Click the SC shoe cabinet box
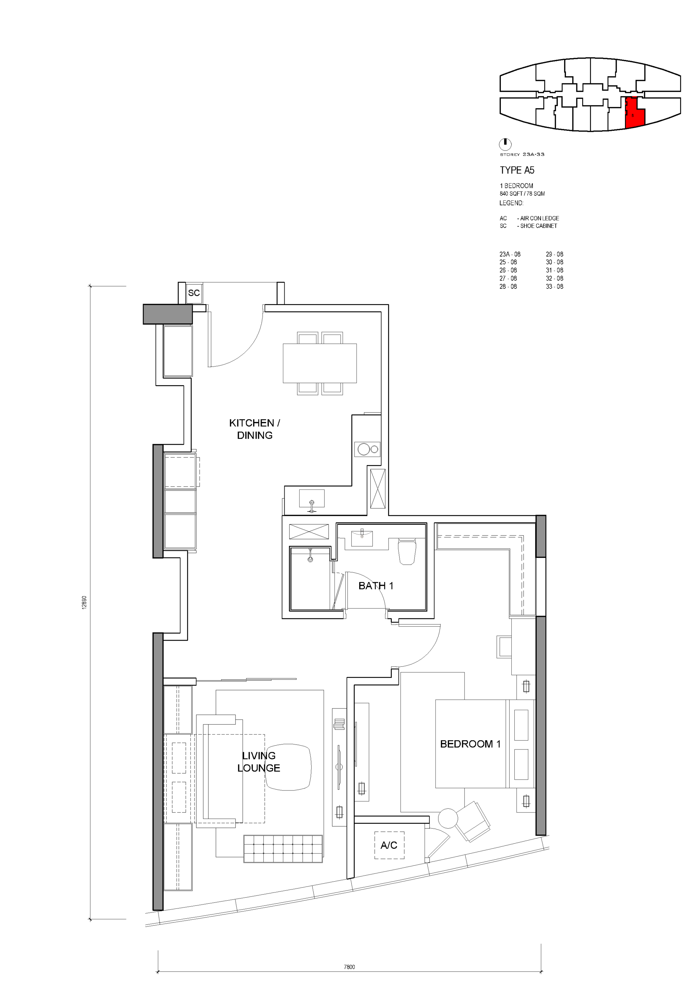click(194, 293)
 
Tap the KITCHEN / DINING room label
click(255, 429)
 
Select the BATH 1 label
click(376, 586)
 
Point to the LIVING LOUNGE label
click(259, 762)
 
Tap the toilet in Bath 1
click(407, 551)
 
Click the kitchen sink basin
click(312, 499)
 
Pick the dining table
click(320, 363)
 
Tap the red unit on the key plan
click(635, 113)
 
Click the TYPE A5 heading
click(517, 170)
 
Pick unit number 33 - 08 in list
click(555, 286)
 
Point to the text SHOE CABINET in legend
click(538, 226)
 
